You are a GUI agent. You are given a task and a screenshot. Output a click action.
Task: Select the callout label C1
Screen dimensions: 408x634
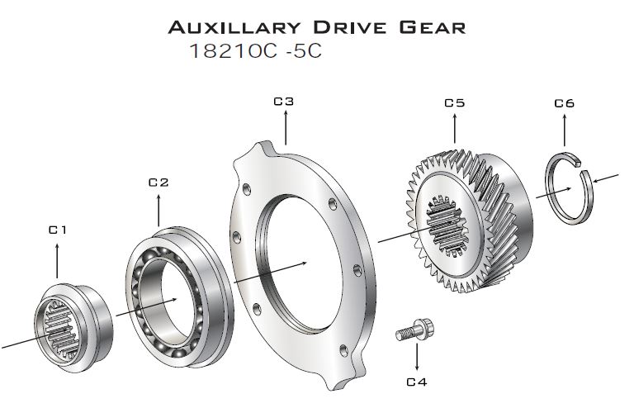click(57, 230)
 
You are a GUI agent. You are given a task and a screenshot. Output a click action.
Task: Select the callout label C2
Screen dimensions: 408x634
click(158, 183)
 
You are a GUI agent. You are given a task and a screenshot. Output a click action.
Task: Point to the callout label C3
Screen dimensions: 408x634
click(284, 101)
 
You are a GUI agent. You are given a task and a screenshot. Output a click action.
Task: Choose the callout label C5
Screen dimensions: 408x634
click(455, 103)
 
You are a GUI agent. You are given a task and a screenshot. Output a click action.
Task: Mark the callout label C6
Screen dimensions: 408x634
click(565, 103)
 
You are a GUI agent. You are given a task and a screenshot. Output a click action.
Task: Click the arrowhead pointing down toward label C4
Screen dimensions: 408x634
click(417, 367)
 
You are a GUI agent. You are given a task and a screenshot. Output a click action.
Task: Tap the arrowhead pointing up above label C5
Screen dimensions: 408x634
click(455, 116)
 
